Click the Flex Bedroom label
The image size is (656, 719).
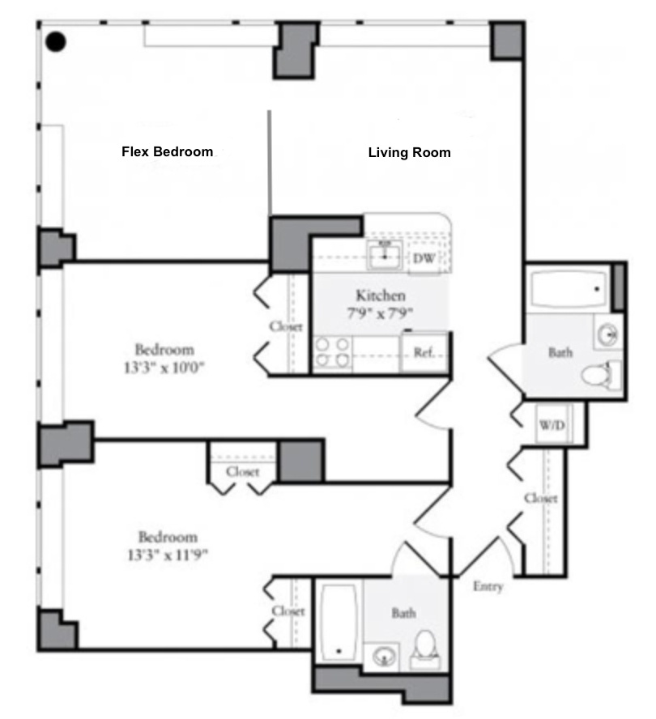[167, 151]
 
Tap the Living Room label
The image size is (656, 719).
[409, 153]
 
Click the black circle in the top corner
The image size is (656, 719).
[56, 42]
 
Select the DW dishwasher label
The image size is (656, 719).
[424, 258]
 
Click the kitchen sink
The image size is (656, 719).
[385, 255]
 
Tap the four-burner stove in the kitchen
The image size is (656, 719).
[333, 352]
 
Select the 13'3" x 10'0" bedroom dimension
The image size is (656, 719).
[164, 368]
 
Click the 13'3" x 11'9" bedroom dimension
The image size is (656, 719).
[168, 555]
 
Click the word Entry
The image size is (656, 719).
[488, 586]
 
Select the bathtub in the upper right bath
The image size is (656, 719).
[569, 290]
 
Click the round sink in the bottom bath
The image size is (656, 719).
[384, 656]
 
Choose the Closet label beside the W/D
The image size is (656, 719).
[541, 498]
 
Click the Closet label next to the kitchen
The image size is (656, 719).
[286, 326]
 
